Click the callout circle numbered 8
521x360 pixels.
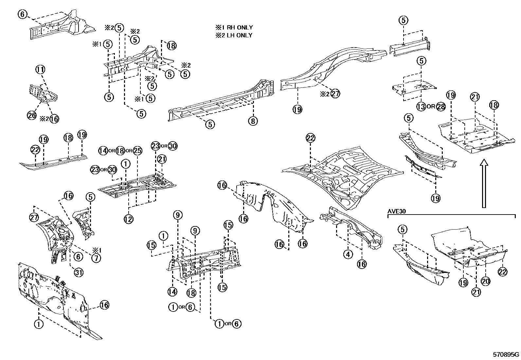coord(253,121)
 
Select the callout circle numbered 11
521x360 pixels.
coord(41,69)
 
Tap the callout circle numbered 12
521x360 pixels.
coord(128,219)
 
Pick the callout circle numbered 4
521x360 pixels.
coord(348,254)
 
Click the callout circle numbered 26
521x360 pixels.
coord(32,115)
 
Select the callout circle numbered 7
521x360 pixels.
coord(96,258)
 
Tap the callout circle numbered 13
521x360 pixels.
coord(421,106)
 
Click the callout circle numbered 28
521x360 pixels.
coord(441,106)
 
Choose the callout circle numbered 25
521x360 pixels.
coord(137,151)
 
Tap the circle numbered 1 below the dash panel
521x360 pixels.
coord(39,324)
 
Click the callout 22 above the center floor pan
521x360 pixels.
coord(311,138)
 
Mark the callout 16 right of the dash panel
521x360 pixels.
coord(104,305)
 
